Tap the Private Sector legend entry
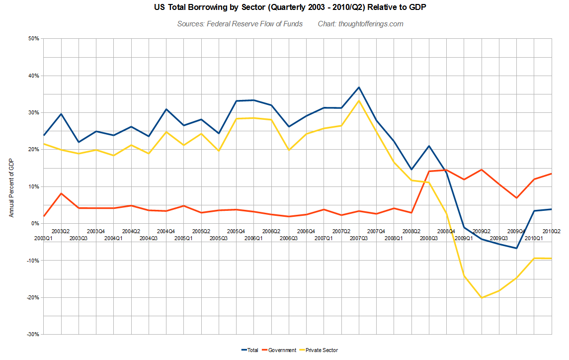point(321,350)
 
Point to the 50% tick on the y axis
point(33,39)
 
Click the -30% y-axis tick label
point(32,334)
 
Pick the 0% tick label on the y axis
point(35,223)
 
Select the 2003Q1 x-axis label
point(43,239)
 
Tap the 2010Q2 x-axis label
point(552,231)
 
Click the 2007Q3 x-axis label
point(359,239)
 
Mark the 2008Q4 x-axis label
point(446,231)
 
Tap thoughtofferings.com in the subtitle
point(371,24)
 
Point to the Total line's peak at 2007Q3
point(359,88)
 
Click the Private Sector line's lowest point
point(482,297)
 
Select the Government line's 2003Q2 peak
point(61,193)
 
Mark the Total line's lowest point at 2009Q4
point(517,248)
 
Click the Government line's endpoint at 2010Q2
point(552,174)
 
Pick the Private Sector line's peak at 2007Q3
point(359,101)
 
